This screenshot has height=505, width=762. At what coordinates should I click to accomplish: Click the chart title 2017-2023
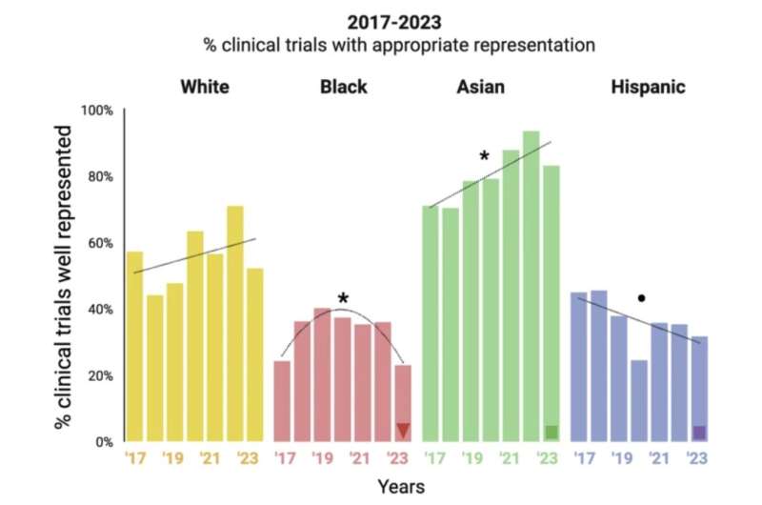click(x=394, y=22)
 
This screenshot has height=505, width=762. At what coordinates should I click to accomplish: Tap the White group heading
click(x=205, y=87)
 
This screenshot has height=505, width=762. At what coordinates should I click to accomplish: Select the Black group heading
click(x=344, y=87)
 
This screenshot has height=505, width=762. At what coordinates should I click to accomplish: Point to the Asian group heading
click(x=481, y=87)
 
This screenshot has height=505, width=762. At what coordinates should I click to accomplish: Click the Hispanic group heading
click(x=649, y=88)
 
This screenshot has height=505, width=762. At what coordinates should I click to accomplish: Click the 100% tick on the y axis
click(x=97, y=111)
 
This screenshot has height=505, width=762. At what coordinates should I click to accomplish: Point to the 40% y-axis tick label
click(x=100, y=310)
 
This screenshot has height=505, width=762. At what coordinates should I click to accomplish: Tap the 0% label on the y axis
click(x=104, y=442)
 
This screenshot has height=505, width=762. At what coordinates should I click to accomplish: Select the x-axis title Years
click(x=401, y=487)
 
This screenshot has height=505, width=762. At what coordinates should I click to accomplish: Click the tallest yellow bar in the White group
click(x=235, y=324)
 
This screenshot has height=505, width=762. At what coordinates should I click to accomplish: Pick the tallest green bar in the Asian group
click(x=531, y=286)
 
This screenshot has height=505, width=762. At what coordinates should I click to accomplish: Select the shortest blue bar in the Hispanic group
click(x=639, y=401)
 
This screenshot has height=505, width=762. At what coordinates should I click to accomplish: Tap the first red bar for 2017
click(x=282, y=401)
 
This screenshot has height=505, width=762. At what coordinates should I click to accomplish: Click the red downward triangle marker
click(x=403, y=430)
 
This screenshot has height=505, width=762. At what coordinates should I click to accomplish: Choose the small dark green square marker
click(x=551, y=432)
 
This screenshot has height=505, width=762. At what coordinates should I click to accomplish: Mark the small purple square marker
click(x=699, y=433)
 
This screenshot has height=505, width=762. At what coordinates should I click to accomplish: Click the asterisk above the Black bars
click(x=343, y=298)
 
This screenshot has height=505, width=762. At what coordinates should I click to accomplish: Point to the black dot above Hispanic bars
click(x=641, y=298)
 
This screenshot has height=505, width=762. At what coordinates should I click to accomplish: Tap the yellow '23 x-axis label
click(x=248, y=458)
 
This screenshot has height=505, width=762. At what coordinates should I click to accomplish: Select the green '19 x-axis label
click(x=472, y=458)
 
